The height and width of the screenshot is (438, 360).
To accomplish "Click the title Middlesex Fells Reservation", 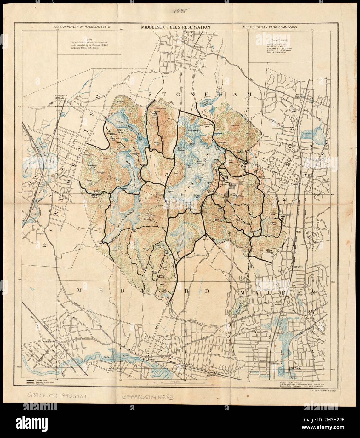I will tap(176, 27).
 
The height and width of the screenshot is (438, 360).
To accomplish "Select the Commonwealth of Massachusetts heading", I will tap(82, 27).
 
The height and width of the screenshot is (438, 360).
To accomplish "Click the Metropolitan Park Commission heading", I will tap(270, 27).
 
